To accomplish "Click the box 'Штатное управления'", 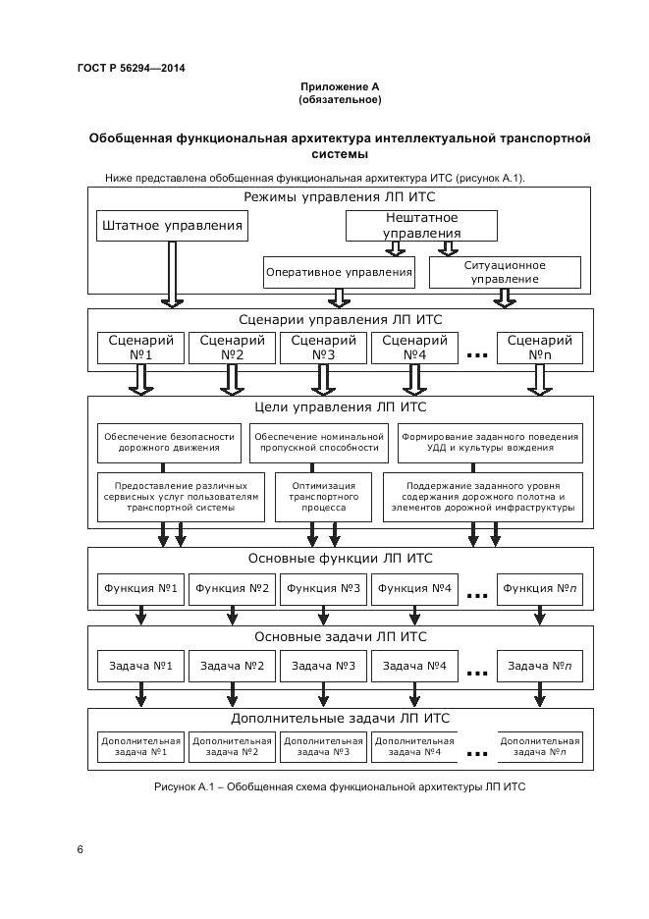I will click(x=172, y=226).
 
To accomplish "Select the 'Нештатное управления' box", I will click(x=422, y=226).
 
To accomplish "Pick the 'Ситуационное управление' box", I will click(x=505, y=272).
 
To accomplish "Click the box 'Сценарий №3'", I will click(x=324, y=348).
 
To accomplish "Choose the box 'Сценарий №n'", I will click(x=539, y=348).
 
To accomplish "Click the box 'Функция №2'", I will click(x=232, y=588).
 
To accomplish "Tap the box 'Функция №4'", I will click(x=414, y=588).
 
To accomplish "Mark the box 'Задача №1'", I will click(x=140, y=666).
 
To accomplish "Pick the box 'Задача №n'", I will click(x=539, y=666).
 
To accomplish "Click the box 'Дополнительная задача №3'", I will click(x=324, y=746).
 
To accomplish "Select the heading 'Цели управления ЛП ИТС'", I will click(x=340, y=406).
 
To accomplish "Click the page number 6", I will click(x=80, y=848).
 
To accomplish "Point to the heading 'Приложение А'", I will click(x=340, y=87).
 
